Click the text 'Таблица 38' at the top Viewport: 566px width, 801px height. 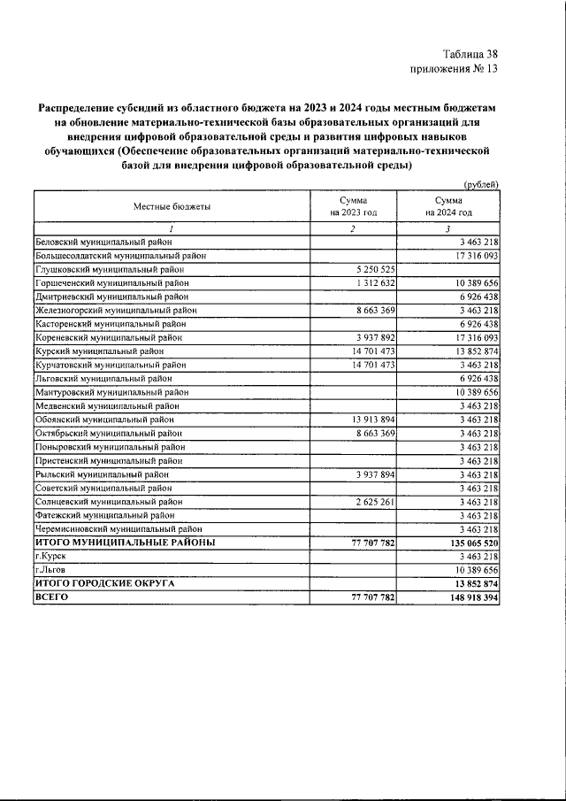coord(470,53)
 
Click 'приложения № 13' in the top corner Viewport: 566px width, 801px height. coord(455,68)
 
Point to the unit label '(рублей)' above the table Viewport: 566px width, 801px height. coord(481,184)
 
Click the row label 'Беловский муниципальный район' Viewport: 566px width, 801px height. coord(103,241)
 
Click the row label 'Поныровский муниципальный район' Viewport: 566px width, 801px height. coord(109,447)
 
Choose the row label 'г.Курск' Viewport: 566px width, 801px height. coord(51,556)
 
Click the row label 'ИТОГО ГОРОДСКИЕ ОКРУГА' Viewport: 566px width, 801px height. coord(104,583)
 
